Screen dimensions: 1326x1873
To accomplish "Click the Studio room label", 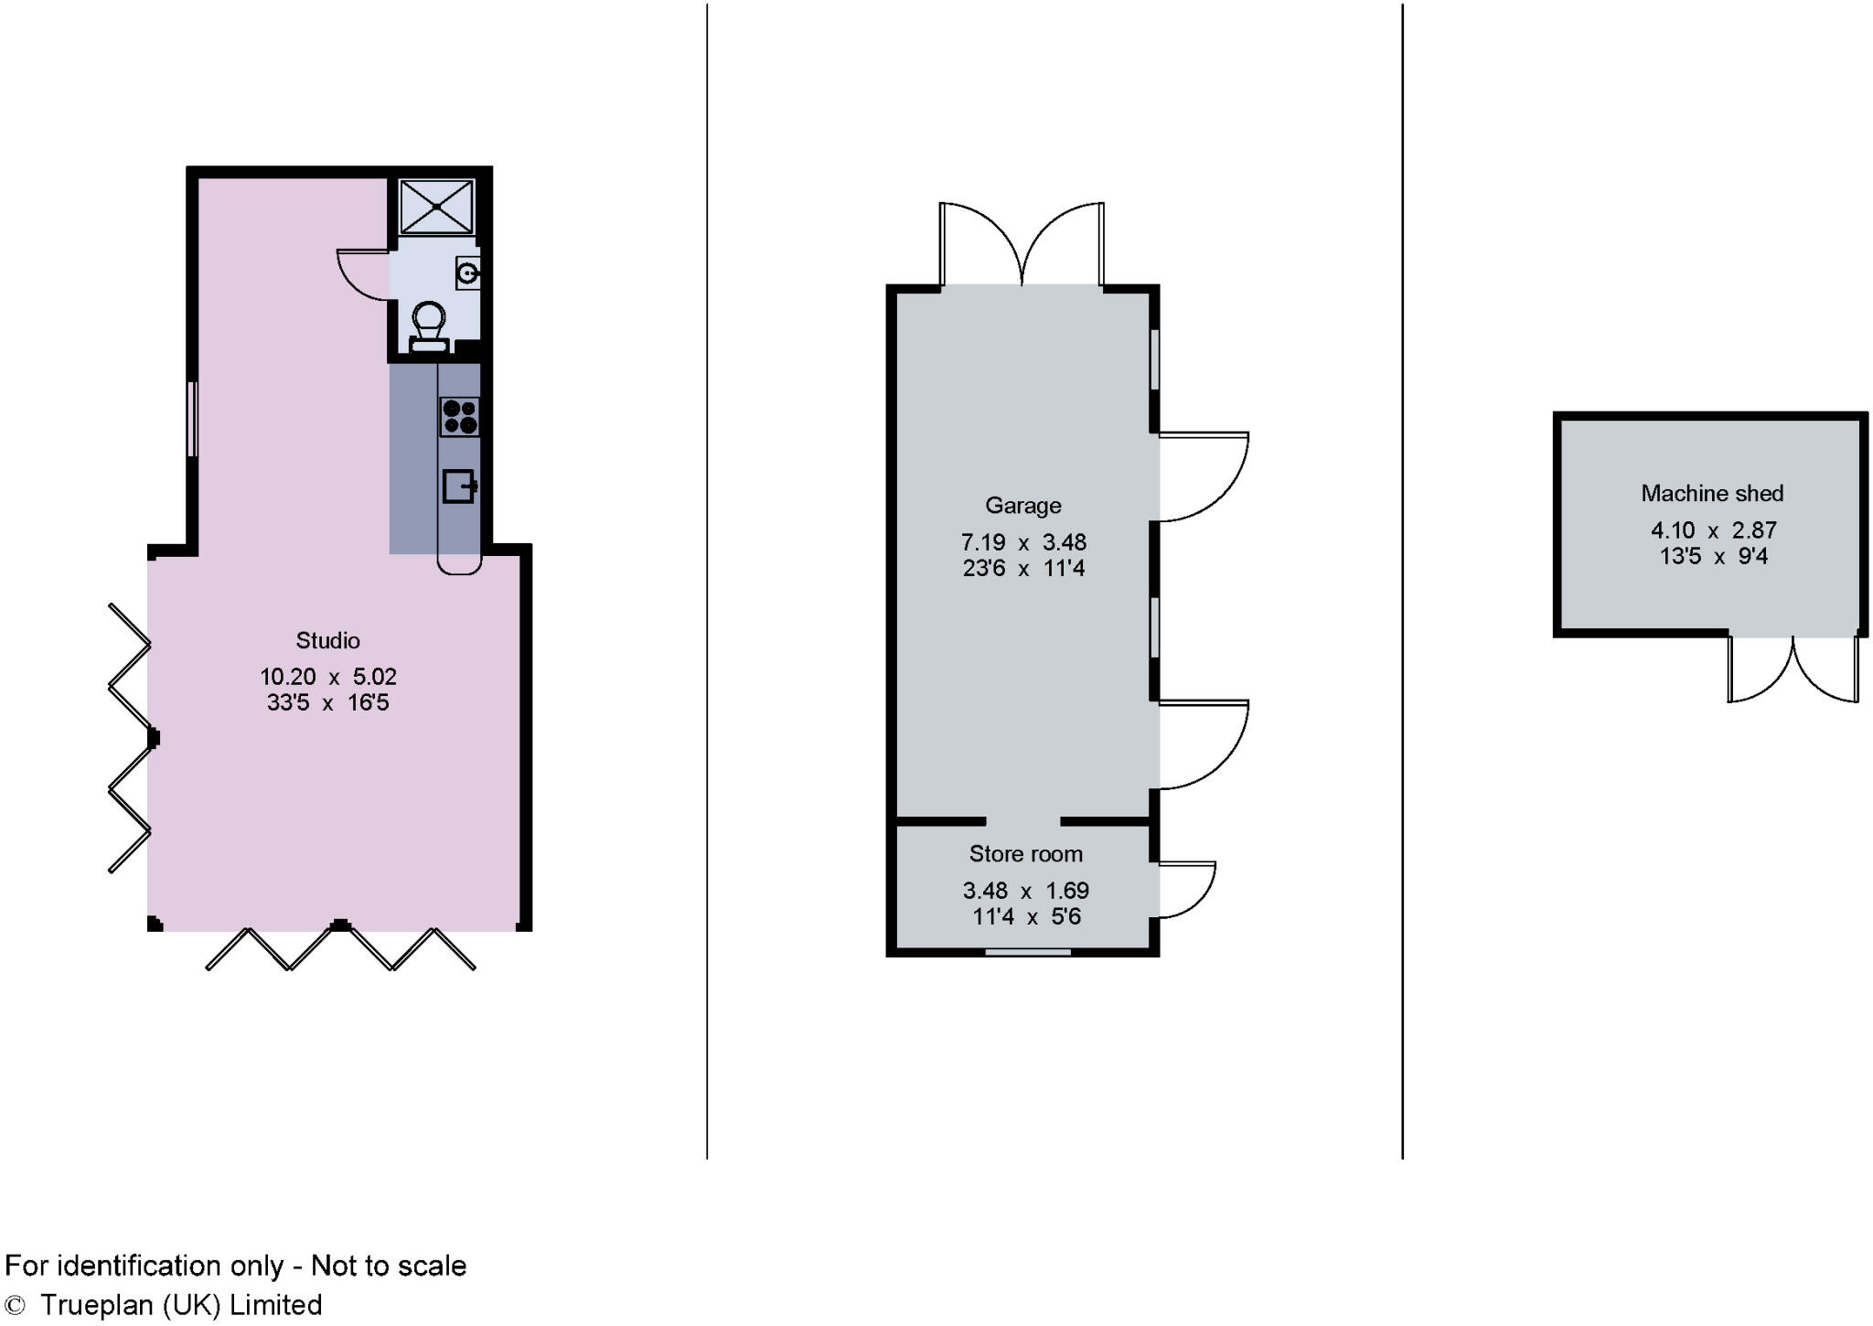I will pos(327,640).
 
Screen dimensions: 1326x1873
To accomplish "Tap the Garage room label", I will pos(1022,506).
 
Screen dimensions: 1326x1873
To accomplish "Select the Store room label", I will pos(1025,854).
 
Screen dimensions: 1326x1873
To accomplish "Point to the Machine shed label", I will pos(1711,494).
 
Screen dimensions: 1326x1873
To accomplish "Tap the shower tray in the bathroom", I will pos(437,207).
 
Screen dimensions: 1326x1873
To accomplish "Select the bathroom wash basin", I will pos(467,273).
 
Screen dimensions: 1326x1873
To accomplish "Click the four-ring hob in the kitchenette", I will pos(459,416).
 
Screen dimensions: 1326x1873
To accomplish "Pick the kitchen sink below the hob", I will pos(458,487).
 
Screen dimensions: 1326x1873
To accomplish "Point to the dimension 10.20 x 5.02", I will pos(327,678).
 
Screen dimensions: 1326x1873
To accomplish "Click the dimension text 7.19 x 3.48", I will pos(1022,542).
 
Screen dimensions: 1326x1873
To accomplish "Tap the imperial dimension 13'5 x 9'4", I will pos(1713,556).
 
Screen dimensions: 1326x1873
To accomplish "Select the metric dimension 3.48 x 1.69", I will pos(1025,891).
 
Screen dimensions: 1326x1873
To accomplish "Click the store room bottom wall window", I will pos(1028,952).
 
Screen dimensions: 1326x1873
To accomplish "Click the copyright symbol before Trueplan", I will pos(15,1305).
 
